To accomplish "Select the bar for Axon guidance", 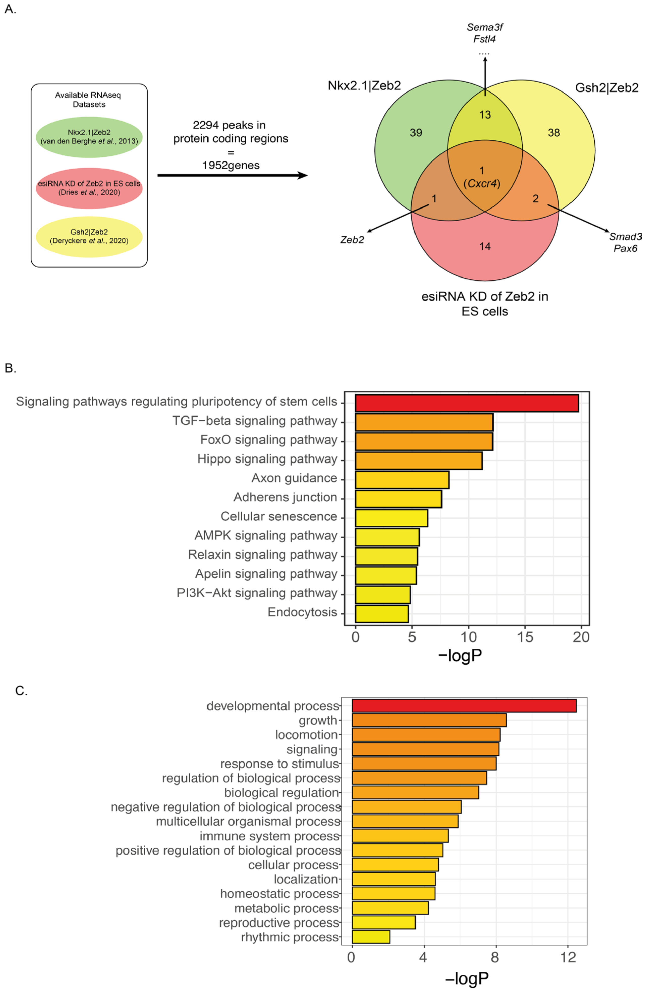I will point(402,479).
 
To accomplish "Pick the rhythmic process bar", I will point(371,937).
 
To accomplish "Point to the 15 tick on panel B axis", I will point(525,637).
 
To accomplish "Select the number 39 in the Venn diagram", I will point(416,133).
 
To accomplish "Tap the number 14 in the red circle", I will point(485,246).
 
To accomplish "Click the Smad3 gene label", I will point(625,237).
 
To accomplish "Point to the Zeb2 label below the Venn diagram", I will point(352,240).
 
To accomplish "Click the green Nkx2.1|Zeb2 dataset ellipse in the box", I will point(89,137).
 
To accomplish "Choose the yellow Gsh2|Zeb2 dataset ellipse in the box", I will point(89,236).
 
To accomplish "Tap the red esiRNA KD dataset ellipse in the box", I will point(89,188).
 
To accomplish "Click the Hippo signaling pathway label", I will point(267,459).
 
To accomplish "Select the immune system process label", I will point(269,836).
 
